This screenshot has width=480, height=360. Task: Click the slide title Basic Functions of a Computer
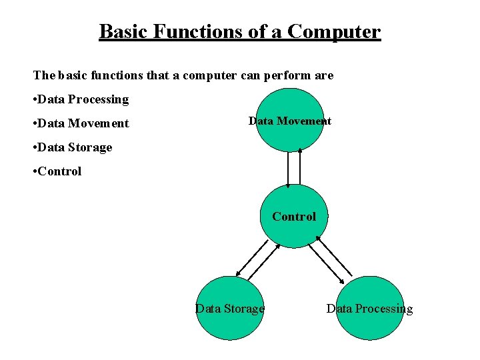coord(239,31)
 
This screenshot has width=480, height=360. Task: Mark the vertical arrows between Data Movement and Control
coord(294,167)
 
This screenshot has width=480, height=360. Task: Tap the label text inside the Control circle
coord(294,217)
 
